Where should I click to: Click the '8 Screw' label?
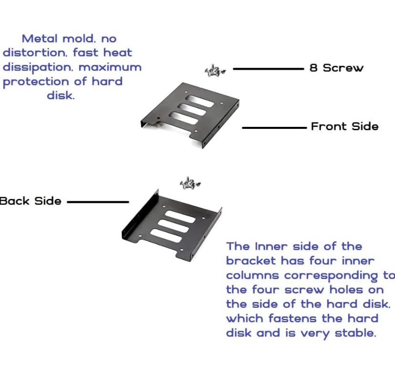[336, 68]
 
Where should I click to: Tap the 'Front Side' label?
[344, 126]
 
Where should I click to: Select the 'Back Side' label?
[31, 201]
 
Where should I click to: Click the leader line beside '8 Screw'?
[268, 69]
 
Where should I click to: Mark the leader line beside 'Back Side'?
[98, 202]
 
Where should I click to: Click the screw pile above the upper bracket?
[215, 71]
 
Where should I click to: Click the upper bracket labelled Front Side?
[190, 114]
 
